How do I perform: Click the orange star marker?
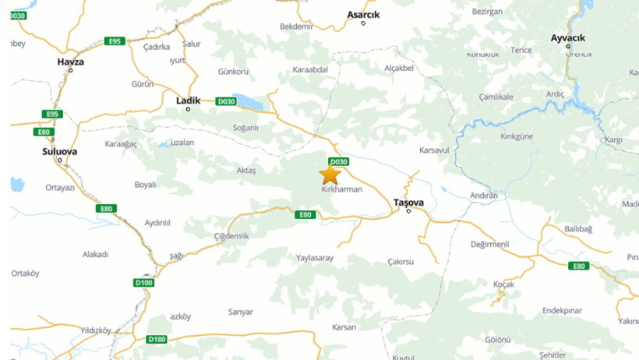point(330,175)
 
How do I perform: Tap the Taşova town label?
point(408,202)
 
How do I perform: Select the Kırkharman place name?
point(342,189)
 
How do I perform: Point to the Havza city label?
point(70,62)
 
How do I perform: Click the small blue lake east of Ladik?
point(249,101)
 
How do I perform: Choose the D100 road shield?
point(144,282)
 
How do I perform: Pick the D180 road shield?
point(157,339)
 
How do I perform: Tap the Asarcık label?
point(363,13)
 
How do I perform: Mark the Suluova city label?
point(59,151)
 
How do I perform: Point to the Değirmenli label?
point(489,244)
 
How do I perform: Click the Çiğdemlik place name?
point(231,236)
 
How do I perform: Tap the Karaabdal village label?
point(310,68)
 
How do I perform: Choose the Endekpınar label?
point(562,310)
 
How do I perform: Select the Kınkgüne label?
point(516,136)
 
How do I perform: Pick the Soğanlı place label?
point(240,128)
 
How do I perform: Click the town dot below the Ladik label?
point(188,109)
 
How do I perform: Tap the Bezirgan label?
point(488,12)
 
